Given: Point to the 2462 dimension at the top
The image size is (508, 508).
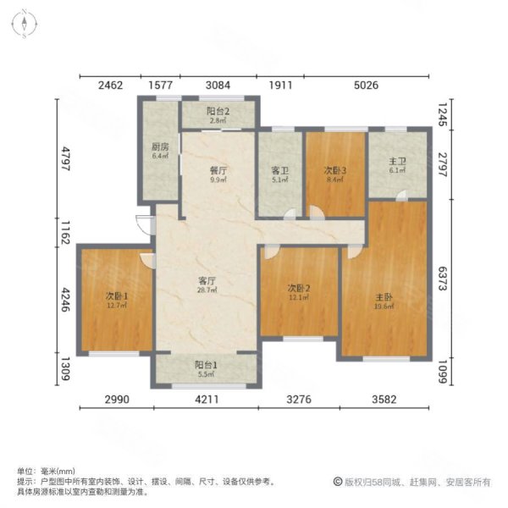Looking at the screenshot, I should point(110,85).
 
